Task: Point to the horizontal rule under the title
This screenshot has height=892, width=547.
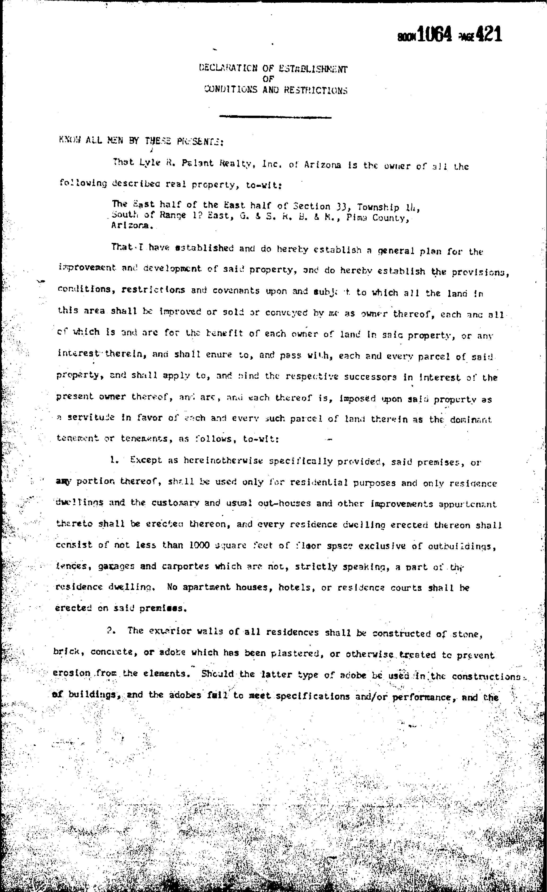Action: click(x=275, y=117)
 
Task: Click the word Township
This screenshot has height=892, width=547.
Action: click(x=378, y=207)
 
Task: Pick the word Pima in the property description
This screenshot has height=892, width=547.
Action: click(x=357, y=218)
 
